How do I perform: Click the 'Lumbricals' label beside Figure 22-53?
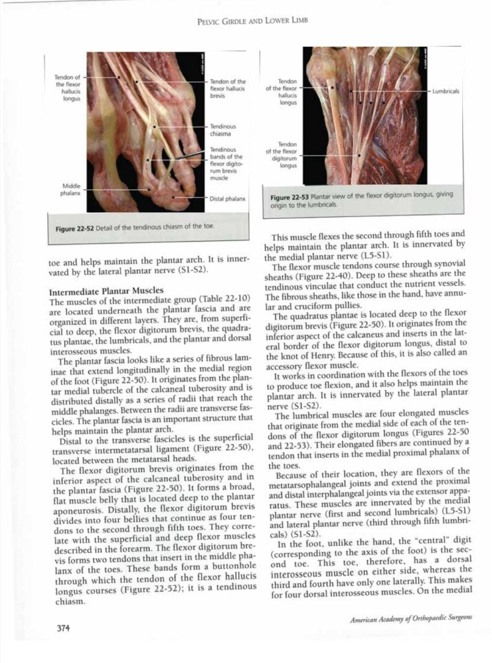coord(446,91)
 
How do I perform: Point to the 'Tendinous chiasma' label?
coord(223,129)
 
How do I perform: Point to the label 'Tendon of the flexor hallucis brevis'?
coord(228,88)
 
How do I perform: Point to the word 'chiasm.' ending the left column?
coord(67,601)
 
